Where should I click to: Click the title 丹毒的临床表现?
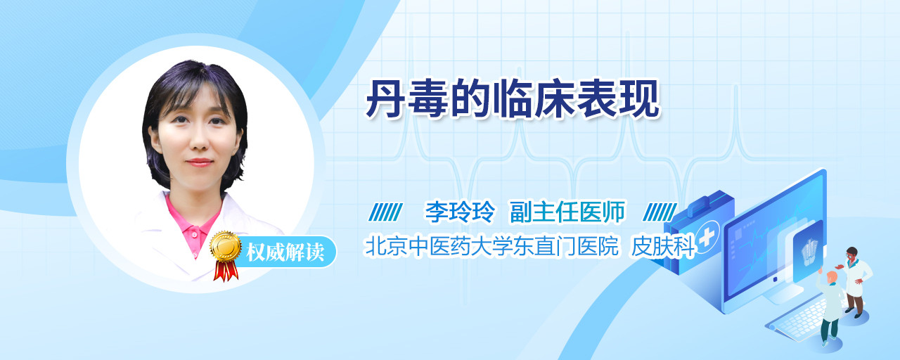(x=513, y=99)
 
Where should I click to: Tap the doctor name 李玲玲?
(x=460, y=212)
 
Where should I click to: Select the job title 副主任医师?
(x=567, y=212)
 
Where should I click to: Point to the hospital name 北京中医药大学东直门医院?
(x=491, y=246)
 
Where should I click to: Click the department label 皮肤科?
(x=662, y=246)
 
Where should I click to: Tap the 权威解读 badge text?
(x=285, y=252)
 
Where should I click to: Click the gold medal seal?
(x=226, y=246)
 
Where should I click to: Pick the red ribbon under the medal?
(x=226, y=271)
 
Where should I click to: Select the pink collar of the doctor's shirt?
(x=192, y=227)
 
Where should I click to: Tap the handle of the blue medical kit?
(x=706, y=202)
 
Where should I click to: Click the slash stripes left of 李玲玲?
(x=385, y=212)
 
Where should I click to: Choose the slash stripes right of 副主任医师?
(x=660, y=212)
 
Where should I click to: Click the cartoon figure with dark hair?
(x=855, y=281)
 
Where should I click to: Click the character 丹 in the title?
(x=385, y=99)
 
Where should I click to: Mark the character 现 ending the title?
(x=641, y=99)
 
